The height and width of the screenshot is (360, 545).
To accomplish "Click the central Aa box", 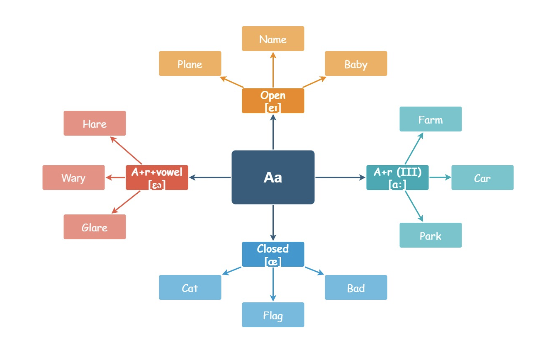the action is [x=273, y=177].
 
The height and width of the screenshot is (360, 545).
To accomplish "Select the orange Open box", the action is [x=273, y=101].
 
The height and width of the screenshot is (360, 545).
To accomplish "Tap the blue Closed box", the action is [x=273, y=254].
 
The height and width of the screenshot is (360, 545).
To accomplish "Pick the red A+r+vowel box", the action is [x=157, y=178].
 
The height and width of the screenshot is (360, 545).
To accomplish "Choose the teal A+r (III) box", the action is [x=398, y=178].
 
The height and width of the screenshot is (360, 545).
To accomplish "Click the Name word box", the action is [x=273, y=39].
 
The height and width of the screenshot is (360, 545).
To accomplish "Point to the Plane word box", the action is [x=190, y=63].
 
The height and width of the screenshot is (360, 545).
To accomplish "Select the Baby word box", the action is [x=356, y=63].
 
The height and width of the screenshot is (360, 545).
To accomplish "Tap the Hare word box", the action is [x=95, y=123].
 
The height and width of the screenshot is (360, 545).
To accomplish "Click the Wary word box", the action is [x=73, y=178].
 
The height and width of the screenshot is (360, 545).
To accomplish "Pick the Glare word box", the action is [x=95, y=227].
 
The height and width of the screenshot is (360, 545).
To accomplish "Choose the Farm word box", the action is [x=431, y=119].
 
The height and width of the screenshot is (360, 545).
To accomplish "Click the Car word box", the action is [x=482, y=178].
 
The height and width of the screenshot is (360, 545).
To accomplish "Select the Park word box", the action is [x=431, y=235].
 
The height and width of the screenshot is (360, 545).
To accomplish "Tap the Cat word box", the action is [x=190, y=287].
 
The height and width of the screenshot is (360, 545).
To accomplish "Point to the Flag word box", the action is [x=273, y=315].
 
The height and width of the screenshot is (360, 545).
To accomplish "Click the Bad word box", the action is [x=356, y=287].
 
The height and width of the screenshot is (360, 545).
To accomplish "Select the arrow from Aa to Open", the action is [x=273, y=132].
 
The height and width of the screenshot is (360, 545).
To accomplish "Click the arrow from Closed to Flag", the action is [x=273, y=284].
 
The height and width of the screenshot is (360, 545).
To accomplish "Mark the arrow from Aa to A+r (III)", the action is [x=341, y=178].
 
